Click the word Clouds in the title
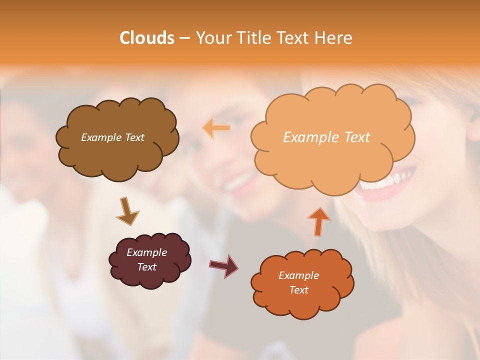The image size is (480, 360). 146,38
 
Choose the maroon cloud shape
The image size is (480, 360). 150,277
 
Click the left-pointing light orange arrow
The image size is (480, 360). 217,128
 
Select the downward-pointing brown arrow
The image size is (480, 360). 127,211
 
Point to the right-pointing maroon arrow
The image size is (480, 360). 224,265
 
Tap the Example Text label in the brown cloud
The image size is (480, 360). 112,137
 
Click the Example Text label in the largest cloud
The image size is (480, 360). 326,137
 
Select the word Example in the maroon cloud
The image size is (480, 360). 146,252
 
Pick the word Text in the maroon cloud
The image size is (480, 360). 147,267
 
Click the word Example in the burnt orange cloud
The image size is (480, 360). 298,275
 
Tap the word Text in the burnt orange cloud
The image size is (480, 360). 298,290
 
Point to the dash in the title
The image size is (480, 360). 184,38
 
